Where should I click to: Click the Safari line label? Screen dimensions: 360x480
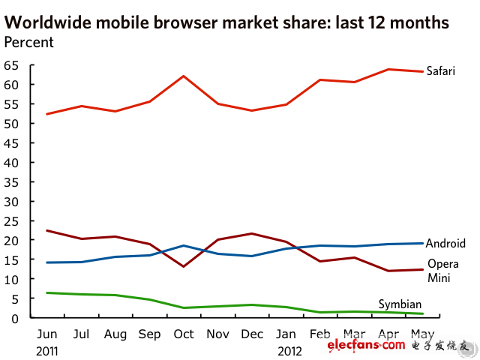click(x=440, y=71)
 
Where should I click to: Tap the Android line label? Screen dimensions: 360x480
click(x=445, y=243)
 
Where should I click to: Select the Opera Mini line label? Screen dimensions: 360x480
click(x=442, y=270)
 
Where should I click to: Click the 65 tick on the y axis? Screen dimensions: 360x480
click(x=10, y=65)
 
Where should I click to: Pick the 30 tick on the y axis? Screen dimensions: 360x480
click(x=10, y=201)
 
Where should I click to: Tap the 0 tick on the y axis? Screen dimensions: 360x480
click(x=14, y=318)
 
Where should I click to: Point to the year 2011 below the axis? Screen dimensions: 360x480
click(x=47, y=349)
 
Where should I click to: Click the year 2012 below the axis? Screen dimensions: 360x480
click(x=289, y=349)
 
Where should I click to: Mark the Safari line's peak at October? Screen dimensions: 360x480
click(x=184, y=76)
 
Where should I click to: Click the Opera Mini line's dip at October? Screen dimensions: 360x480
click(x=184, y=266)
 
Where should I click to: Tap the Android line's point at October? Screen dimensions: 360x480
click(x=184, y=245)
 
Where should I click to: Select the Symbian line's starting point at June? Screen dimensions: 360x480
click(x=46, y=292)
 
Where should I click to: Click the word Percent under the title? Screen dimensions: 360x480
click(x=28, y=42)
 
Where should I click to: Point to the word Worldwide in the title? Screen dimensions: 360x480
click(x=45, y=22)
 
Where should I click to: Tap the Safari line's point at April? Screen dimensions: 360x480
click(x=388, y=69)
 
